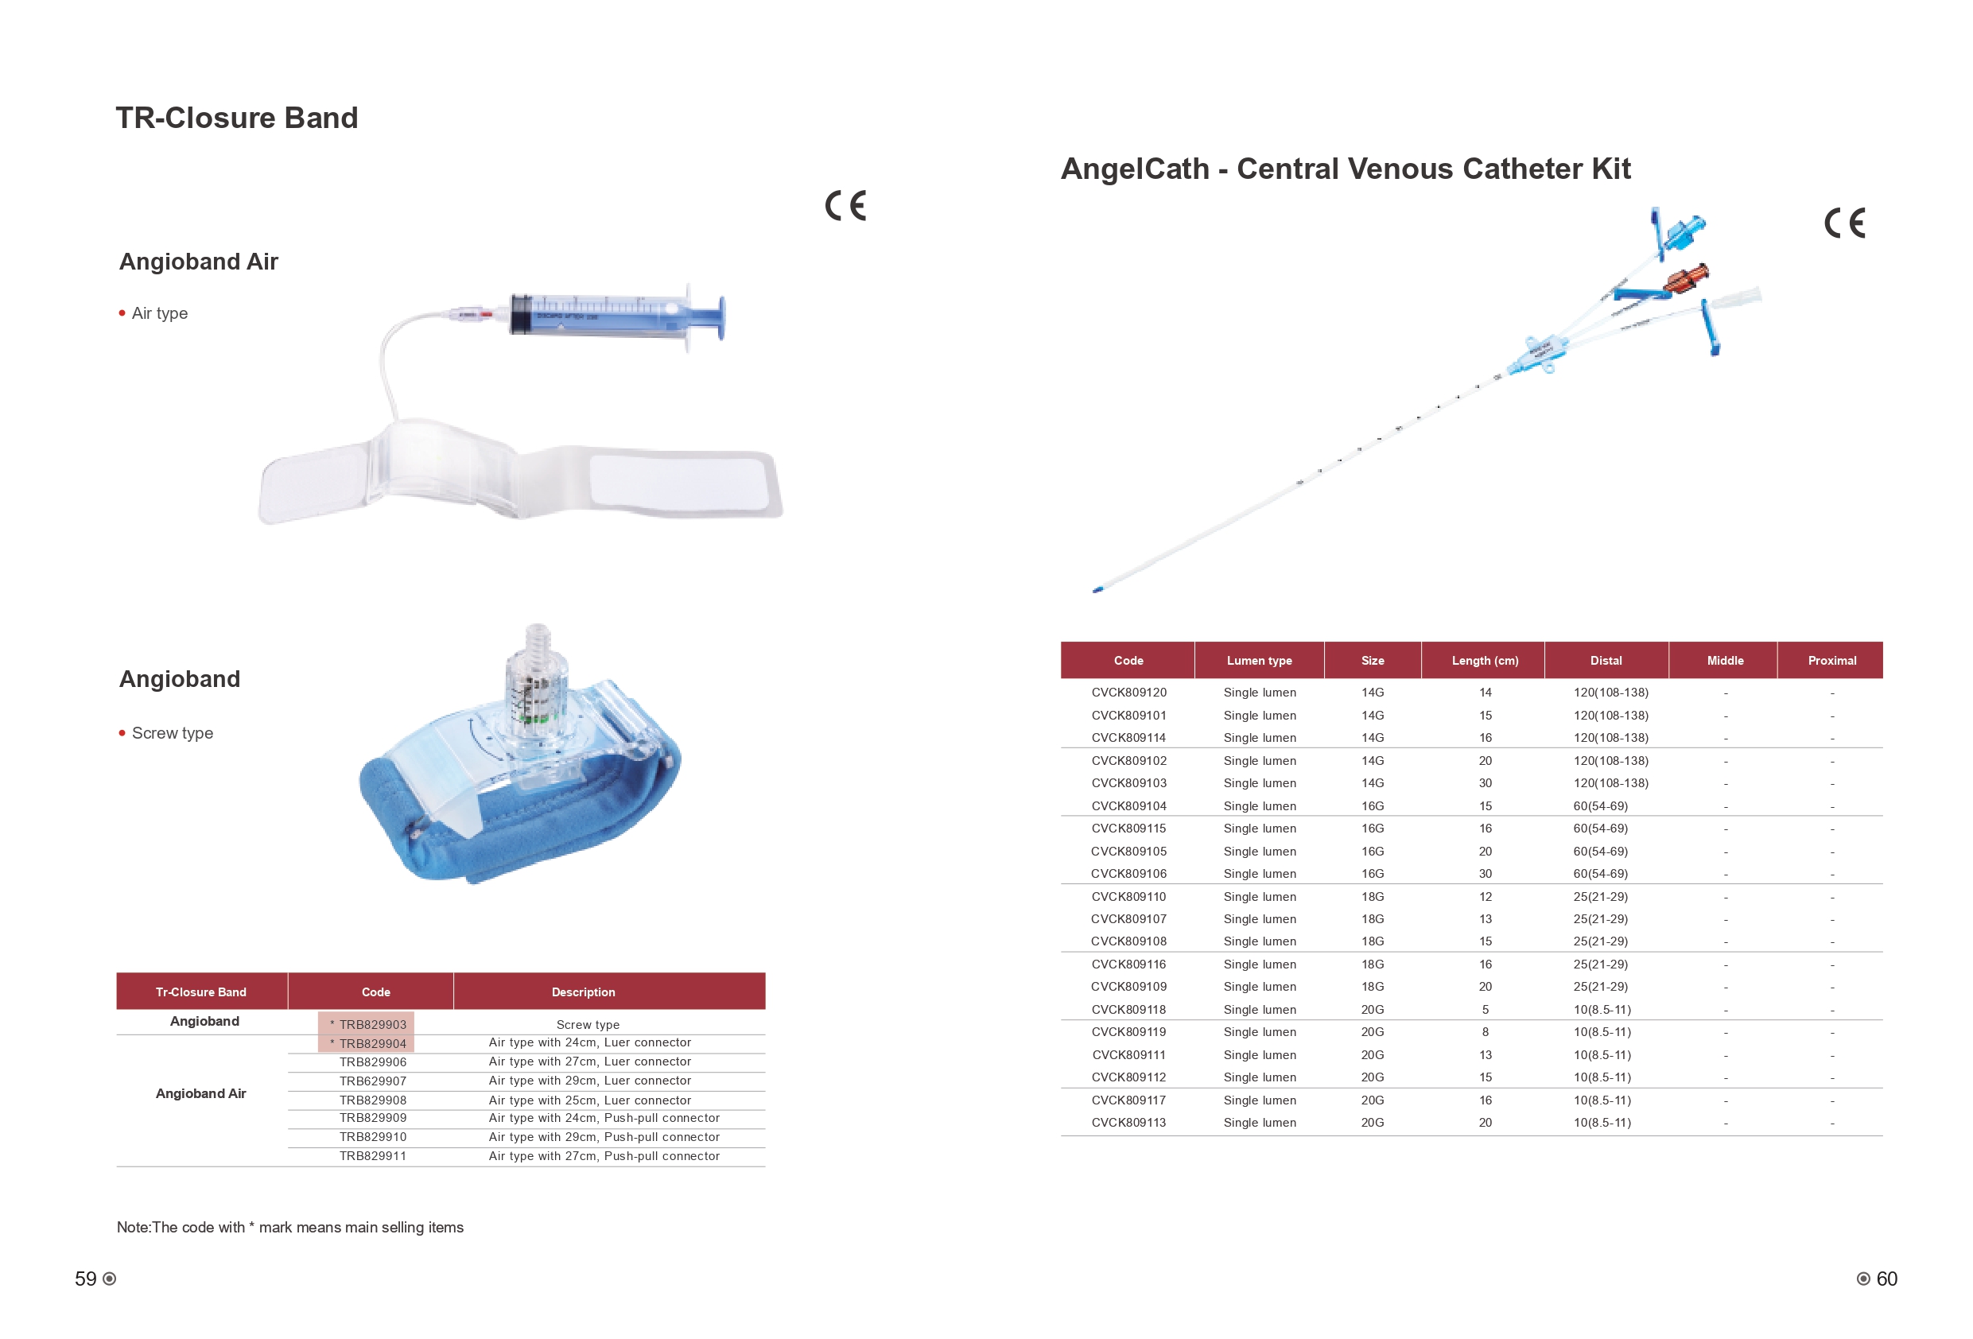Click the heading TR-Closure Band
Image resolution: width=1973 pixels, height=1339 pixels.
click(237, 118)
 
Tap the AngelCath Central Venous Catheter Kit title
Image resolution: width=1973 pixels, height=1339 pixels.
click(1346, 169)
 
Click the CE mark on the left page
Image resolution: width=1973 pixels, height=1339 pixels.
click(845, 205)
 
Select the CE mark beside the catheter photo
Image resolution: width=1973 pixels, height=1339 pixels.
click(1845, 223)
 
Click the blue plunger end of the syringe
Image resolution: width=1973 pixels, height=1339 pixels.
click(720, 316)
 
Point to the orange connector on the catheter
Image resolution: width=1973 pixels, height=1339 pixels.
click(1686, 278)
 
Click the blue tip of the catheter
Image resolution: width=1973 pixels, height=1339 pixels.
click(1097, 589)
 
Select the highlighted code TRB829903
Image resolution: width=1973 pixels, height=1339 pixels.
click(367, 1024)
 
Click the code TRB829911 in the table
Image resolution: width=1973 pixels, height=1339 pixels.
click(373, 1155)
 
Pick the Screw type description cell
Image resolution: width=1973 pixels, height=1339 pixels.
click(588, 1025)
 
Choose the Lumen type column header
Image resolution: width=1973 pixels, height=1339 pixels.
click(1259, 661)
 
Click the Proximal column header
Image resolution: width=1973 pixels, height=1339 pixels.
click(1831, 661)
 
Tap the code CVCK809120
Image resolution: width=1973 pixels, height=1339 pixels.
click(1128, 693)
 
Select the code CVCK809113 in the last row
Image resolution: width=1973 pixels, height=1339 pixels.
click(1128, 1123)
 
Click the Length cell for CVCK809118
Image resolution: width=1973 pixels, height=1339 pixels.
click(1485, 1010)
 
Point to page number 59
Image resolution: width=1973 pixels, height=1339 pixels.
click(86, 1279)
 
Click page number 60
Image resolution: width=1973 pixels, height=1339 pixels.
click(1886, 1279)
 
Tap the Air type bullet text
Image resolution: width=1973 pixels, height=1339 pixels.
click(160, 313)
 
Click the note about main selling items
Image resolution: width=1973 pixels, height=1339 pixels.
click(290, 1227)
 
